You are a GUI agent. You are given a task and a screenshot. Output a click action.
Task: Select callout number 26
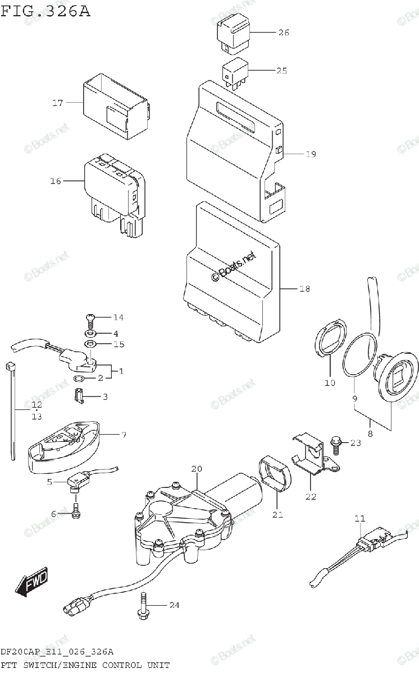283,33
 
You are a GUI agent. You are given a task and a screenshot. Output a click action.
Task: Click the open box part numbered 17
115,105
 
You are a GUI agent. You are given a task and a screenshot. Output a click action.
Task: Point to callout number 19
311,154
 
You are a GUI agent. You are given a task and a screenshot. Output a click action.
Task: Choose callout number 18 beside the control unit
304,289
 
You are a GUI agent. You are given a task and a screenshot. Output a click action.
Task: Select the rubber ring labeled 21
276,474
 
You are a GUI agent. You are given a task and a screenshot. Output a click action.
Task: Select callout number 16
55,181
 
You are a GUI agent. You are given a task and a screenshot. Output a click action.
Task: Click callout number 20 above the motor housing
196,469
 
